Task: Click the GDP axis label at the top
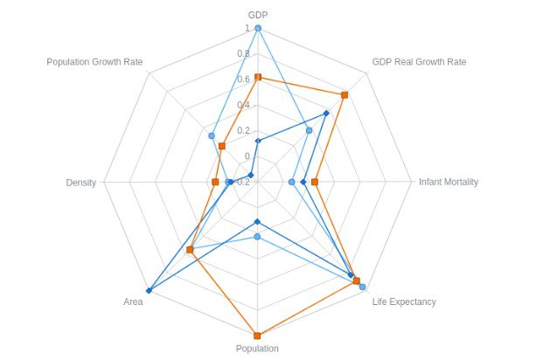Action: [257, 15]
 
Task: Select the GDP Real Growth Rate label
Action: [419, 62]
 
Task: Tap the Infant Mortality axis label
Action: [448, 182]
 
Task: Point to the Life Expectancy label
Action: [404, 301]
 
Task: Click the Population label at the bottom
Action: [257, 349]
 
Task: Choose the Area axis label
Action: [133, 301]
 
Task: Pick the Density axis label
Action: [80, 182]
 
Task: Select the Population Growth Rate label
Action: [94, 62]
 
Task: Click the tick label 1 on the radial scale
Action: [247, 28]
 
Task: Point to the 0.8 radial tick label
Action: [244, 53]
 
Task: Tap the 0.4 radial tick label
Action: [244, 105]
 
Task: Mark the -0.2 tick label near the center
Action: [242, 182]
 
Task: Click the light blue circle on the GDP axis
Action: [257, 28]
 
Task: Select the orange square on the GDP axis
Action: [257, 78]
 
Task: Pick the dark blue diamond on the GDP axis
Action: [257, 141]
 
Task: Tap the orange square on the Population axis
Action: [257, 336]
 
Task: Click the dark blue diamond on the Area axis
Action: [149, 290]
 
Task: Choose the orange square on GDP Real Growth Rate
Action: [345, 94]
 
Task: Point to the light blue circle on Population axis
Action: [257, 236]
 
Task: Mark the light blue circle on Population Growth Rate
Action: [212, 135]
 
